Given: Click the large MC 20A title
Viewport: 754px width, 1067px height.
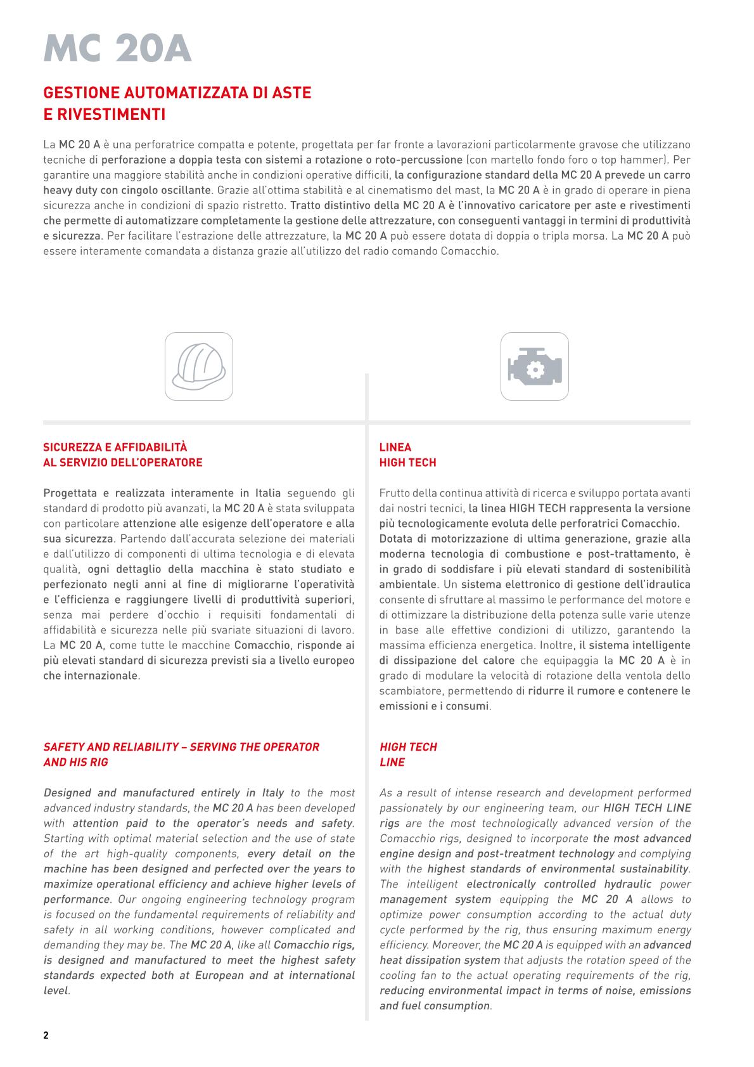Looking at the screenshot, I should click(117, 49).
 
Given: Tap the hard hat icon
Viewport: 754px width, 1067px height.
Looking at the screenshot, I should click(199, 366).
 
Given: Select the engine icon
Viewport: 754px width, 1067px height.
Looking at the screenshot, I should click(534, 366).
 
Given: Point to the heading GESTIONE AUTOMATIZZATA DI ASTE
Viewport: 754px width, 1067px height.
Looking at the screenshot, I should click(177, 93).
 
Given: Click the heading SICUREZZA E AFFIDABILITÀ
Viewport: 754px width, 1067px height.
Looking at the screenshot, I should click(115, 447).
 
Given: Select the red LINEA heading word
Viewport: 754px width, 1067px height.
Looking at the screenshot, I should click(395, 447).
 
